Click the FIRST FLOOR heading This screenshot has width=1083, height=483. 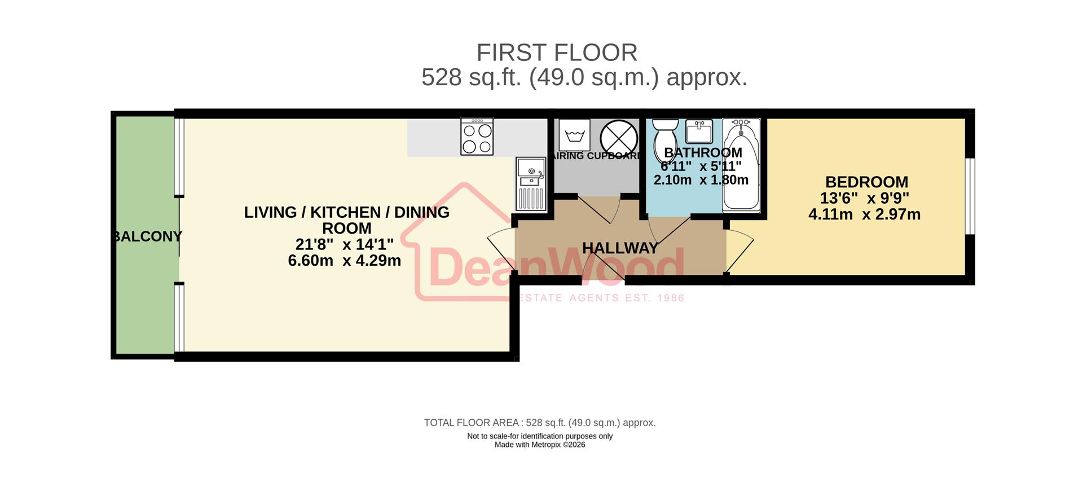click(557, 53)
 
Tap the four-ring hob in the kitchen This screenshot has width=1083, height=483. click(477, 137)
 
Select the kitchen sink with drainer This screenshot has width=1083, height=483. click(531, 184)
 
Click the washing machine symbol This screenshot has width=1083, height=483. click(574, 135)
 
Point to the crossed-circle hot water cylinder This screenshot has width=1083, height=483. click(618, 138)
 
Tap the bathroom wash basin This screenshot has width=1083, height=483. click(699, 131)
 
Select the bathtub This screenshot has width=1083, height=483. click(741, 165)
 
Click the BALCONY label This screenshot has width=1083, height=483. click(148, 236)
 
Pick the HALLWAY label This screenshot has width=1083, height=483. click(620, 248)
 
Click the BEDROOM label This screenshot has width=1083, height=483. click(866, 182)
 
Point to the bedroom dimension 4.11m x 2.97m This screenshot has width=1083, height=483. click(864, 215)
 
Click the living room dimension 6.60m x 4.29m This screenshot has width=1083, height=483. click(344, 261)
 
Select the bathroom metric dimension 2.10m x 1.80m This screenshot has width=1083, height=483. click(701, 180)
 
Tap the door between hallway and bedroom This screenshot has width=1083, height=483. click(739, 251)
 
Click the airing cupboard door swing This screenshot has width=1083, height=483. click(600, 209)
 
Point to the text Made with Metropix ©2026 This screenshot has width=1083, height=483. click(540, 445)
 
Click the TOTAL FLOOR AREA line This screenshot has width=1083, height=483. click(540, 423)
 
